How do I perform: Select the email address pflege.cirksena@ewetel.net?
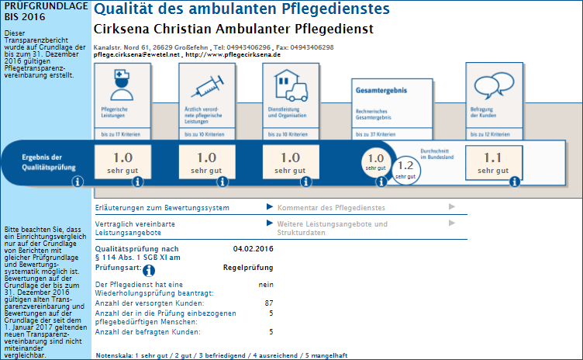pyautogui.click(x=136, y=55)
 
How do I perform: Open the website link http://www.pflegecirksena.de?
pyautogui.click(x=233, y=55)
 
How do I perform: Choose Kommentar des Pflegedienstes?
pyautogui.click(x=331, y=207)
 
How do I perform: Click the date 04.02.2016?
pyautogui.click(x=254, y=248)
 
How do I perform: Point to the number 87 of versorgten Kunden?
pyautogui.click(x=268, y=303)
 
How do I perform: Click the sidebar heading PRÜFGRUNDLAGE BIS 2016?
pyautogui.click(x=35, y=11)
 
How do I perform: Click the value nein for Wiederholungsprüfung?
pyautogui.click(x=266, y=285)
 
